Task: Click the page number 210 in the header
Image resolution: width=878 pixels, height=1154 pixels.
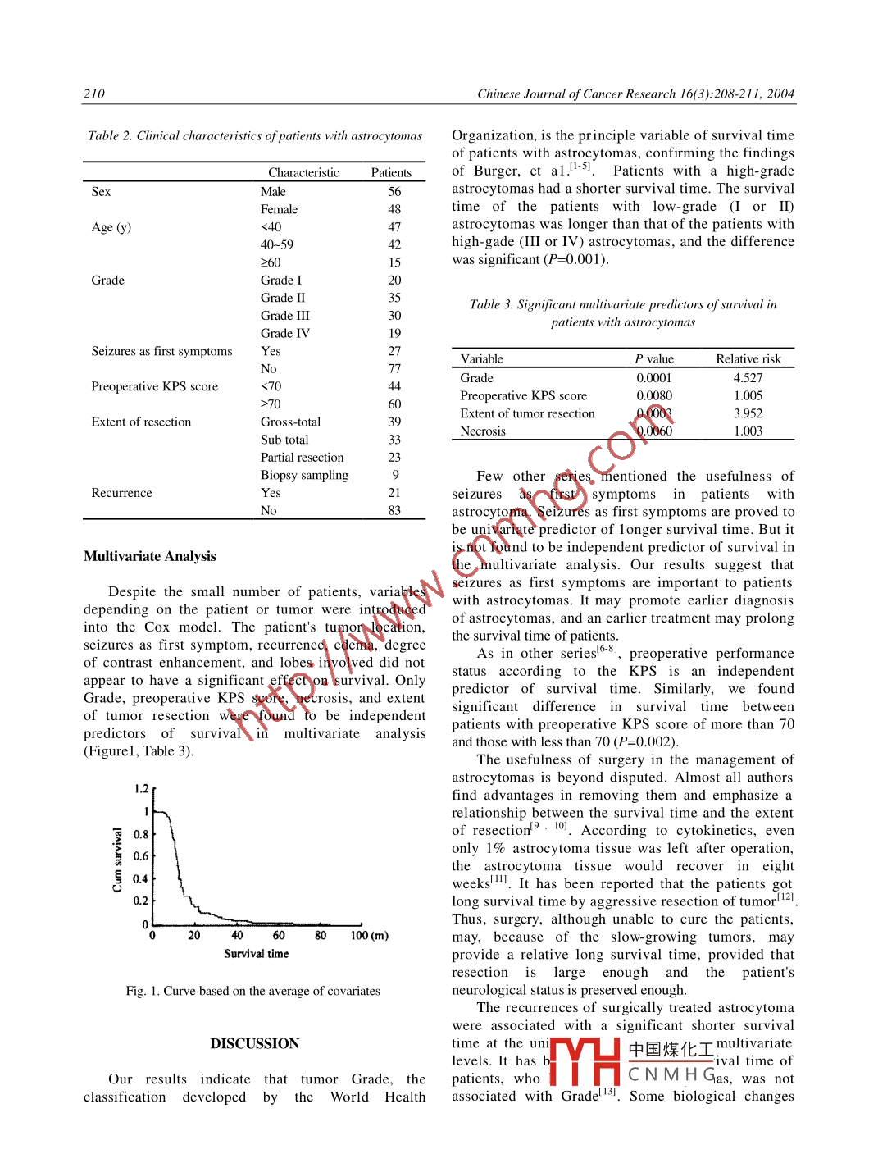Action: tap(94, 94)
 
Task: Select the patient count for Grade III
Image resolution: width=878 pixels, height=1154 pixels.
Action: tap(394, 316)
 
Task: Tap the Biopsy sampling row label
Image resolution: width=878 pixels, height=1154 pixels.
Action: tap(304, 475)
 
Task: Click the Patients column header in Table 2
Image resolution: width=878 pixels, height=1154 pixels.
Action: tap(391, 172)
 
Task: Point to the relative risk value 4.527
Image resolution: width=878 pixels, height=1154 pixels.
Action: tap(748, 378)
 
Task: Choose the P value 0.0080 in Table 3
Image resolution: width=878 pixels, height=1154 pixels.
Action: tap(654, 395)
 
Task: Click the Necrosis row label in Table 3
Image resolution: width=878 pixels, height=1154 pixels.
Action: tap(483, 431)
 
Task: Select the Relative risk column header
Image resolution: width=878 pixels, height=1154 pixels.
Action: tap(748, 359)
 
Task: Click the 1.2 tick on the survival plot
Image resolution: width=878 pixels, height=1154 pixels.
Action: tap(141, 789)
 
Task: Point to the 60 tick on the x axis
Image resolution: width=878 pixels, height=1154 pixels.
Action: tap(279, 935)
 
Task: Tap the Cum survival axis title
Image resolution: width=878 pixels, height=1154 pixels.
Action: tap(117, 860)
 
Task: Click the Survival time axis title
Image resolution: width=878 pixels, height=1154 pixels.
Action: tap(256, 954)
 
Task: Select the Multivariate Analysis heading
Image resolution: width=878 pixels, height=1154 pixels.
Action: tap(150, 556)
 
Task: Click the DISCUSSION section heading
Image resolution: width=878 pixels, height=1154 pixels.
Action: tap(255, 1043)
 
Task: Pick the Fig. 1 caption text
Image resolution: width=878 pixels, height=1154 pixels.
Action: tap(252, 991)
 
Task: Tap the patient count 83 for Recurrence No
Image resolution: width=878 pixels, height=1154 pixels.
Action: tap(394, 510)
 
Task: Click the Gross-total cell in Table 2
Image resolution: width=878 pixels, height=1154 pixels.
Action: tap(291, 422)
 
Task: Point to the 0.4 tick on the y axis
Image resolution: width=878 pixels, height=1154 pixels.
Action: tap(140, 878)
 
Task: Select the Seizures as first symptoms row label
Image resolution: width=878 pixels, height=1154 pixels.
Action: tap(161, 351)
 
